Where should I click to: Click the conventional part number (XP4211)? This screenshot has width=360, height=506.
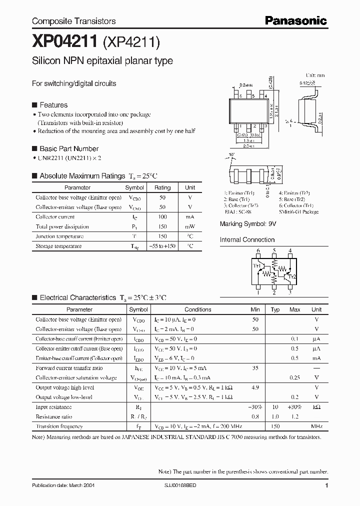(131, 43)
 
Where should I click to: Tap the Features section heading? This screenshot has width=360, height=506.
(53, 105)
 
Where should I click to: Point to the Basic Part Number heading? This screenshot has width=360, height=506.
(68, 148)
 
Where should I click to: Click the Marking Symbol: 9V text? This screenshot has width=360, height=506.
(248, 224)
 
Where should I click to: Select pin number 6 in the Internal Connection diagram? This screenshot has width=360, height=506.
(258, 250)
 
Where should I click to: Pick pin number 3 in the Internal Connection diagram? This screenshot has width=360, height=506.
(290, 293)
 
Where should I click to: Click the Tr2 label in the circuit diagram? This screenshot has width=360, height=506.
(292, 276)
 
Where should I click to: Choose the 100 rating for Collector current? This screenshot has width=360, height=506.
(162, 217)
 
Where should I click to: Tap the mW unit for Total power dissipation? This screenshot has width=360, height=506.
(190, 226)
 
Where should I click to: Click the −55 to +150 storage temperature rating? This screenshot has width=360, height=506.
(162, 246)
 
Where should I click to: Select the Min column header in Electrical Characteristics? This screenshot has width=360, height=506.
(255, 309)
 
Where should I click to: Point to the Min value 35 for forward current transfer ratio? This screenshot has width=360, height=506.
(255, 368)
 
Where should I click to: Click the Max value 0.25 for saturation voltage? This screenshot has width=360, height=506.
(295, 377)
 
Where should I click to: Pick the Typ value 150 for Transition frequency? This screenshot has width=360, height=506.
(275, 426)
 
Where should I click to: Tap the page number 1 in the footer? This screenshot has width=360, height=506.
(326, 485)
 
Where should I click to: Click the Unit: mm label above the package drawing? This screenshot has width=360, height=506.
(315, 75)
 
